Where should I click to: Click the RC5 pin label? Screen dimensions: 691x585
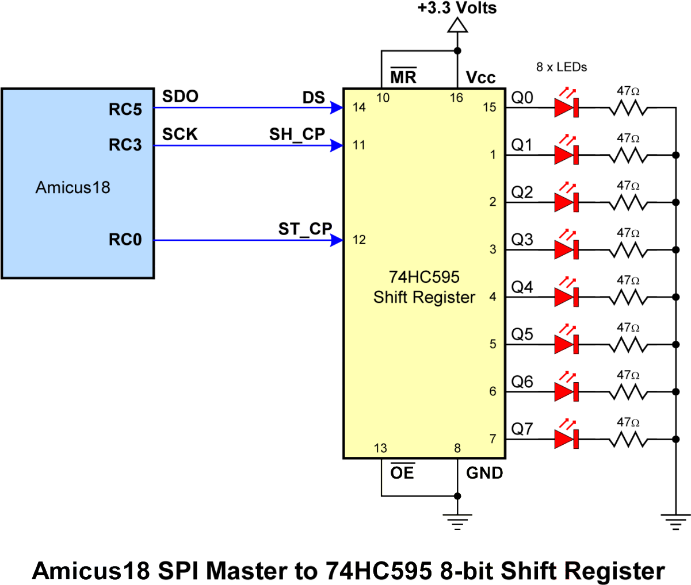pos(125,110)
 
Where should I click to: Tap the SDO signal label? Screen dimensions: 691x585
pos(180,97)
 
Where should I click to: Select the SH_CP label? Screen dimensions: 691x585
pos(297,134)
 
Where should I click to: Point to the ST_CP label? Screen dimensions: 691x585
pos(305,229)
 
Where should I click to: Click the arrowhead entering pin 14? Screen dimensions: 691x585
pos(337,107)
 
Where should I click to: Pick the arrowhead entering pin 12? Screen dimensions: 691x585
pos(337,240)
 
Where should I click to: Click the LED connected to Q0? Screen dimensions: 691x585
pos(566,104)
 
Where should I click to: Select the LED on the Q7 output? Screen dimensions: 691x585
pos(566,436)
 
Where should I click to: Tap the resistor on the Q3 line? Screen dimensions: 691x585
pos(628,250)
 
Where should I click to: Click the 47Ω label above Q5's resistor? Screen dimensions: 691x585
pos(628,328)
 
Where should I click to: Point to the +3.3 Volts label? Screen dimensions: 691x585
pos(457,8)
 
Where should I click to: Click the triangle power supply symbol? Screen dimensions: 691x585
pos(457,25)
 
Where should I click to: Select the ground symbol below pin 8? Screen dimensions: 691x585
pos(457,522)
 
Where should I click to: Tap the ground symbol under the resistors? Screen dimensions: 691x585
pos(675,522)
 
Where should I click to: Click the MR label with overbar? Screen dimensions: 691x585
pos(403,76)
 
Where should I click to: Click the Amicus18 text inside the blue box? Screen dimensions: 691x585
pos(73,187)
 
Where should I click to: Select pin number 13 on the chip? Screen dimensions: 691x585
pos(380,448)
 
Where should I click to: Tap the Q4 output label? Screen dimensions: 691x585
pos(522,287)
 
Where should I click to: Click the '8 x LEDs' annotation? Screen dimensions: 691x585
pos(562,67)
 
